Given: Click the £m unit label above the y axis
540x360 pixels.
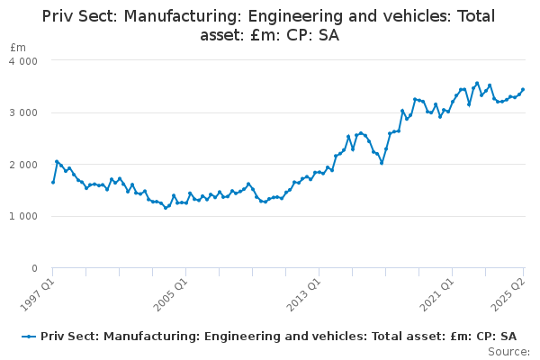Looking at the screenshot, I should click(x=18, y=47).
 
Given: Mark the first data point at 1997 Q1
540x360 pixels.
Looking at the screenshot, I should click(x=53, y=183).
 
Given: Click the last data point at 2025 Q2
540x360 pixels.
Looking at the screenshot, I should click(x=523, y=89).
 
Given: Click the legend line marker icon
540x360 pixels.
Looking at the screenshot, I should click(x=30, y=336).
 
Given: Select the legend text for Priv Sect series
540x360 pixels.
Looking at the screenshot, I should click(x=278, y=336).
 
